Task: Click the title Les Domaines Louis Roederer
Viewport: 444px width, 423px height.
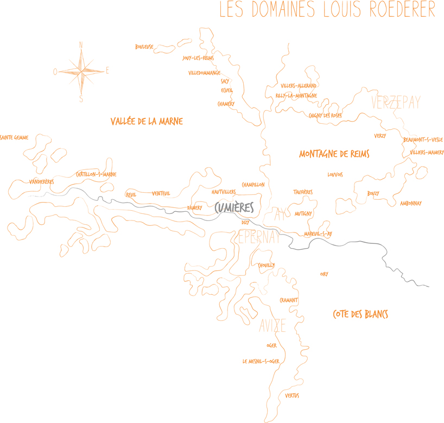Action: pos(327,10)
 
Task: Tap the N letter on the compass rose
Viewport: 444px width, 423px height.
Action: pos(81,45)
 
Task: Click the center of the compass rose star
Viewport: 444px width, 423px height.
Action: pos(81,71)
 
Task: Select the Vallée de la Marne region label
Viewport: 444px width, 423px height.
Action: pos(147,122)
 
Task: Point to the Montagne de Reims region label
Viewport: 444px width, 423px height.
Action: pos(334,154)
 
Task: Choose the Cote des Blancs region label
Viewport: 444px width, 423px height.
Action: pos(360,314)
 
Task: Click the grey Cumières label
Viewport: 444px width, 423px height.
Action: pos(234,209)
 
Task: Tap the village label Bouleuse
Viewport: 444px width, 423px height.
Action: pos(144,47)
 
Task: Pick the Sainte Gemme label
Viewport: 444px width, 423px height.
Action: pos(14,138)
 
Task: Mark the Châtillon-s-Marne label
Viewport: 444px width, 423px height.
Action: pos(96,174)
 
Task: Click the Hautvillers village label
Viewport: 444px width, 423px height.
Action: pos(224,192)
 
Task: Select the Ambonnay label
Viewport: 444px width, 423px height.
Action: pos(410,204)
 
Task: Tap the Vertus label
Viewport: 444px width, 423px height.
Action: pos(292,396)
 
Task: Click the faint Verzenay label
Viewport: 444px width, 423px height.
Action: pos(396,103)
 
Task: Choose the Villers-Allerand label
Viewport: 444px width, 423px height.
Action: pos(299,86)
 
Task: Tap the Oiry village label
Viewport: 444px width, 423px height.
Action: pos(324,274)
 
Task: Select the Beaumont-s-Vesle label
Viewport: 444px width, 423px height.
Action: pos(423,140)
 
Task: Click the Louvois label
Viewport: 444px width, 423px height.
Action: pos(335,175)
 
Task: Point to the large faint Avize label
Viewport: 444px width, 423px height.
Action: pos(272,326)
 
